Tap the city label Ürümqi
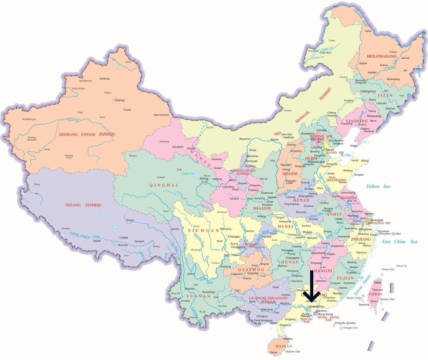[119, 100]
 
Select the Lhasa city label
[123, 237]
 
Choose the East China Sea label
[399, 242]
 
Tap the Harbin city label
[372, 73]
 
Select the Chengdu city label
[234, 236]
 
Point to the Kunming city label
[209, 292]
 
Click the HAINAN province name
[284, 346]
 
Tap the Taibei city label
[377, 282]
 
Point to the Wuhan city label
[307, 232]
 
